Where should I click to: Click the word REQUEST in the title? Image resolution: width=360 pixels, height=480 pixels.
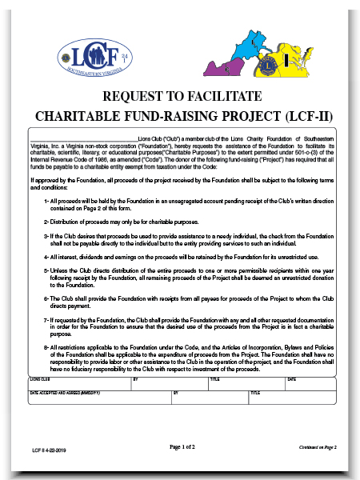(x=134, y=97)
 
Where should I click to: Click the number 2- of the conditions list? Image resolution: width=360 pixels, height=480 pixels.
(x=47, y=221)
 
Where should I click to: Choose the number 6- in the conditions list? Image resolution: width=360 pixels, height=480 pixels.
(x=47, y=297)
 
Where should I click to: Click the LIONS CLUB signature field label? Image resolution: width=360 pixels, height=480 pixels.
(x=39, y=379)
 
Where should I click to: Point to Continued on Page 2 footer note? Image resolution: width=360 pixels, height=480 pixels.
(x=319, y=446)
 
